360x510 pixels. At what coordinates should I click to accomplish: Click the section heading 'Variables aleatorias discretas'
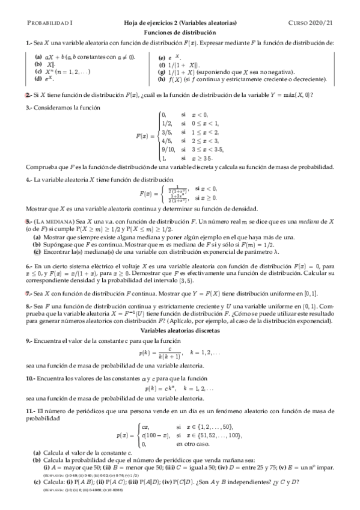pos(180,330)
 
